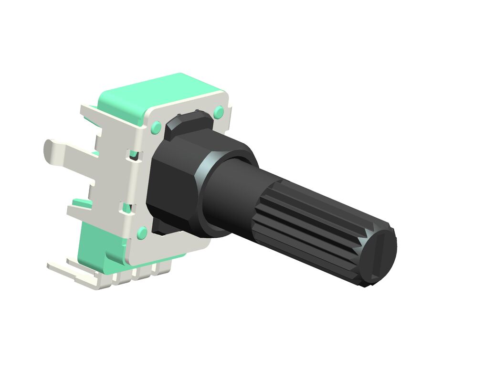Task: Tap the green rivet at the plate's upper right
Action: tap(219, 113)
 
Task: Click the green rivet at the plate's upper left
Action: tap(156, 127)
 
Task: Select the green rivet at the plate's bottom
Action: tap(142, 233)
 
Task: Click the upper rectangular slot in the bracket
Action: tap(134, 154)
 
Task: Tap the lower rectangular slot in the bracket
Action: tap(127, 207)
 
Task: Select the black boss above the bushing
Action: tap(189, 122)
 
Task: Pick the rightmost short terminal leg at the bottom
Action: tap(162, 270)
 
